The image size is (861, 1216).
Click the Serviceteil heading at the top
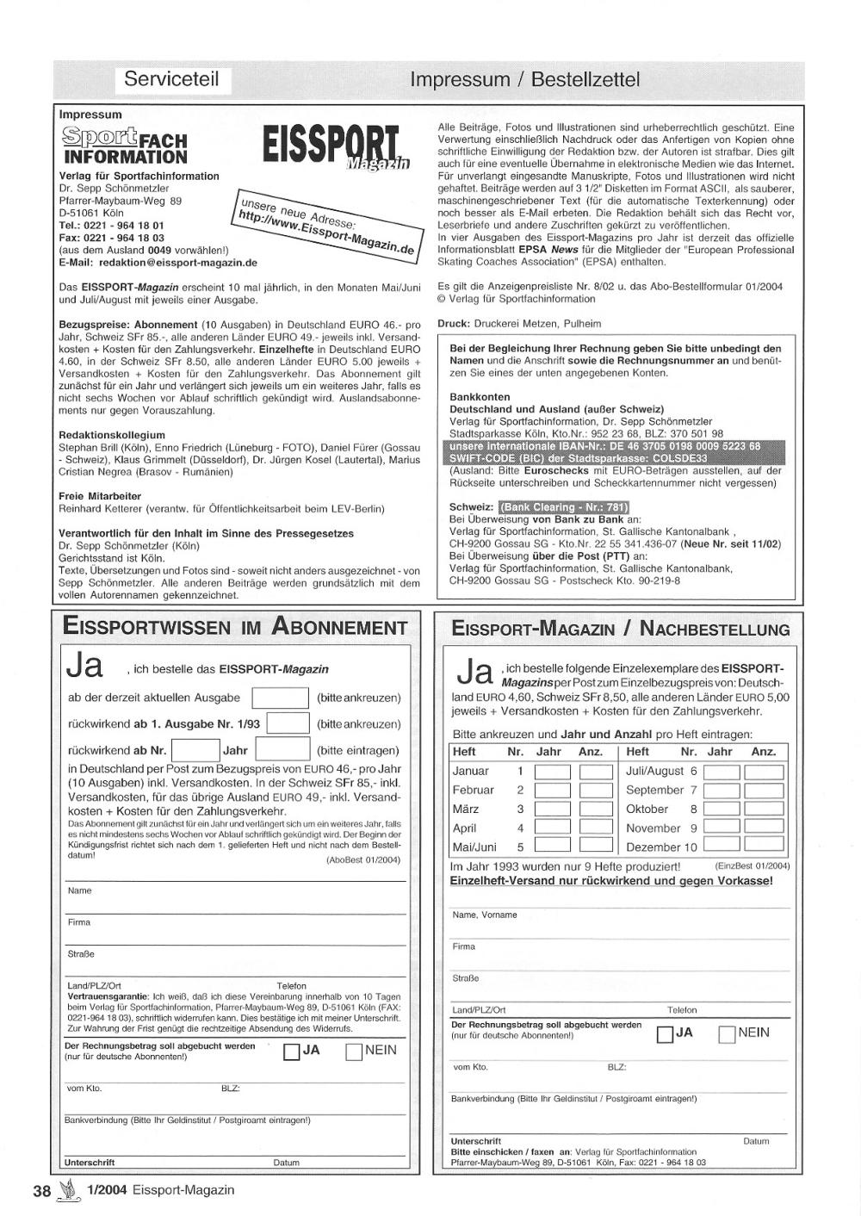(x=171, y=80)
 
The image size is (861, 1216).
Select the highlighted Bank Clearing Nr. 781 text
(x=564, y=507)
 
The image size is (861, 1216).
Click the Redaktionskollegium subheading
(x=112, y=435)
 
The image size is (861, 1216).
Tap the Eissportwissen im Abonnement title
(x=235, y=627)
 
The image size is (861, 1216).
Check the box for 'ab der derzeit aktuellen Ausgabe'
(x=280, y=698)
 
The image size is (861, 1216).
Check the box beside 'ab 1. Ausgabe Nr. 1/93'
(x=288, y=724)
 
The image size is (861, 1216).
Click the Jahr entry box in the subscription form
(x=283, y=750)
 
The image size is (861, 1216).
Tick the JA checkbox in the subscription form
(x=291, y=1052)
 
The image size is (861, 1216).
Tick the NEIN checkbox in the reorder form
(x=727, y=1034)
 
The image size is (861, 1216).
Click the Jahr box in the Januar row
(x=552, y=772)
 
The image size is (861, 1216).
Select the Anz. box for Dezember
(x=764, y=847)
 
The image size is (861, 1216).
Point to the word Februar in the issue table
(x=474, y=790)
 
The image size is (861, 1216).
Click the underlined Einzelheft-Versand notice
(x=611, y=881)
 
